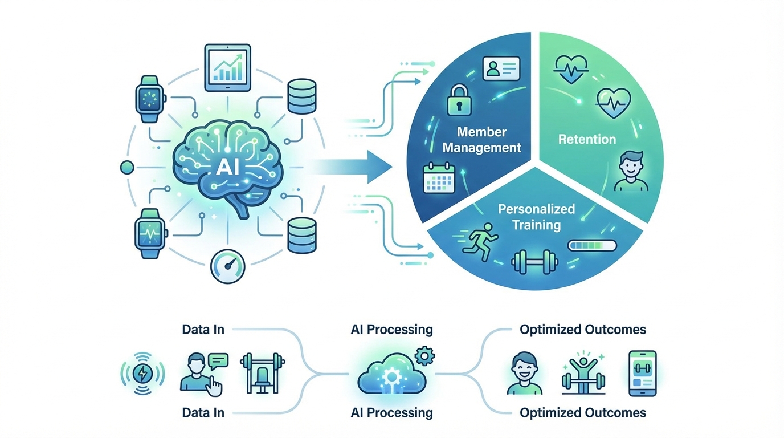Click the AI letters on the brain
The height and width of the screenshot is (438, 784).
227,167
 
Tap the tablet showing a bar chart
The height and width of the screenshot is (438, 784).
227,68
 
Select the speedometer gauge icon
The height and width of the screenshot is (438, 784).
227,266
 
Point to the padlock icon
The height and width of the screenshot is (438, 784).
459,100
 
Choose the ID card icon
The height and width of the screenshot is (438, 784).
501,68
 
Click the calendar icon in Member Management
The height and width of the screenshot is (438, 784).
439,178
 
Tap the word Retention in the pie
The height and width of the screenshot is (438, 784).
587,139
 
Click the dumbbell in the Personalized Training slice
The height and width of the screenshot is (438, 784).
535,262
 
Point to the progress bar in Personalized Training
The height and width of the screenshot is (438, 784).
592,245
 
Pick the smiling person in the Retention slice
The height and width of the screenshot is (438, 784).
631,171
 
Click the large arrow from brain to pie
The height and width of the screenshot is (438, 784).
350,167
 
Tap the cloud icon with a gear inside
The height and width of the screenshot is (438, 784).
391,374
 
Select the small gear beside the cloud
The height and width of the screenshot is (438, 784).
424,356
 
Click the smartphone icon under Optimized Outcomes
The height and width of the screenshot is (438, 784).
643,374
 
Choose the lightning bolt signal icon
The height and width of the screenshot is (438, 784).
142,374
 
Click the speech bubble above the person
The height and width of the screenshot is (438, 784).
218,360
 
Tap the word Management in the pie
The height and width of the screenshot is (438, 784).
481,148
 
